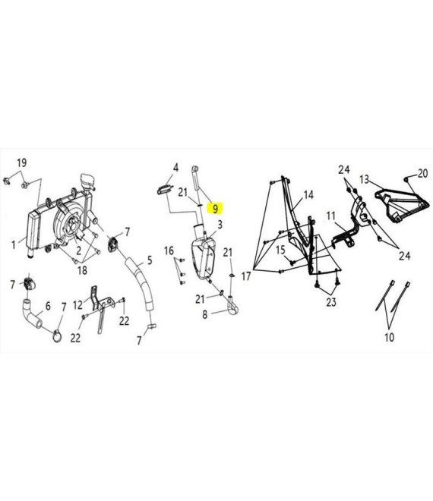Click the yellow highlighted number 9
coord(215,209)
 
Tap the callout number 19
coord(21,163)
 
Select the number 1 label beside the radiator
coord(14,245)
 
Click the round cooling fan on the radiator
coord(68,220)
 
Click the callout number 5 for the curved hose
coord(150,260)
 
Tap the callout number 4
coord(175,167)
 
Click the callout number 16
coord(169,250)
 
